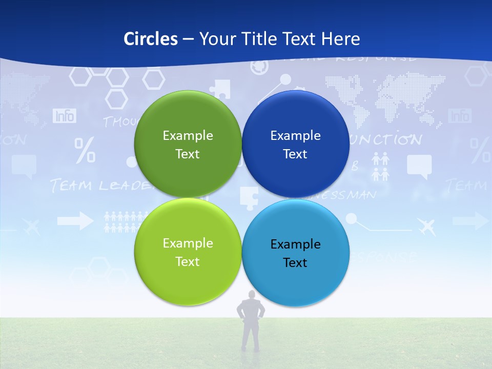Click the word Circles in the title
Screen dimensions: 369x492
(151, 39)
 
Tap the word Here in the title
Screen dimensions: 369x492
(340, 39)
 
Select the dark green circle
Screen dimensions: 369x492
(188, 144)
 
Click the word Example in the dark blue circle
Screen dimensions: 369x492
(295, 136)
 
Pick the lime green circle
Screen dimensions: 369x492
(188, 252)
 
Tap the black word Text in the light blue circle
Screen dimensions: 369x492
(295, 263)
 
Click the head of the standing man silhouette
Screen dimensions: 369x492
(251, 296)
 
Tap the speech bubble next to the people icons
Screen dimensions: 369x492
(419, 167)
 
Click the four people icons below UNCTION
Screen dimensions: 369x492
(380, 167)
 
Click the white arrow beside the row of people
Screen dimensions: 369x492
(75, 221)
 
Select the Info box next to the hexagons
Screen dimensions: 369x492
(65, 116)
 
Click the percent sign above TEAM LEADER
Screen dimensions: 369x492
(85, 150)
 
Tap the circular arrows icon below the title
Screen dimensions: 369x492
(260, 67)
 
